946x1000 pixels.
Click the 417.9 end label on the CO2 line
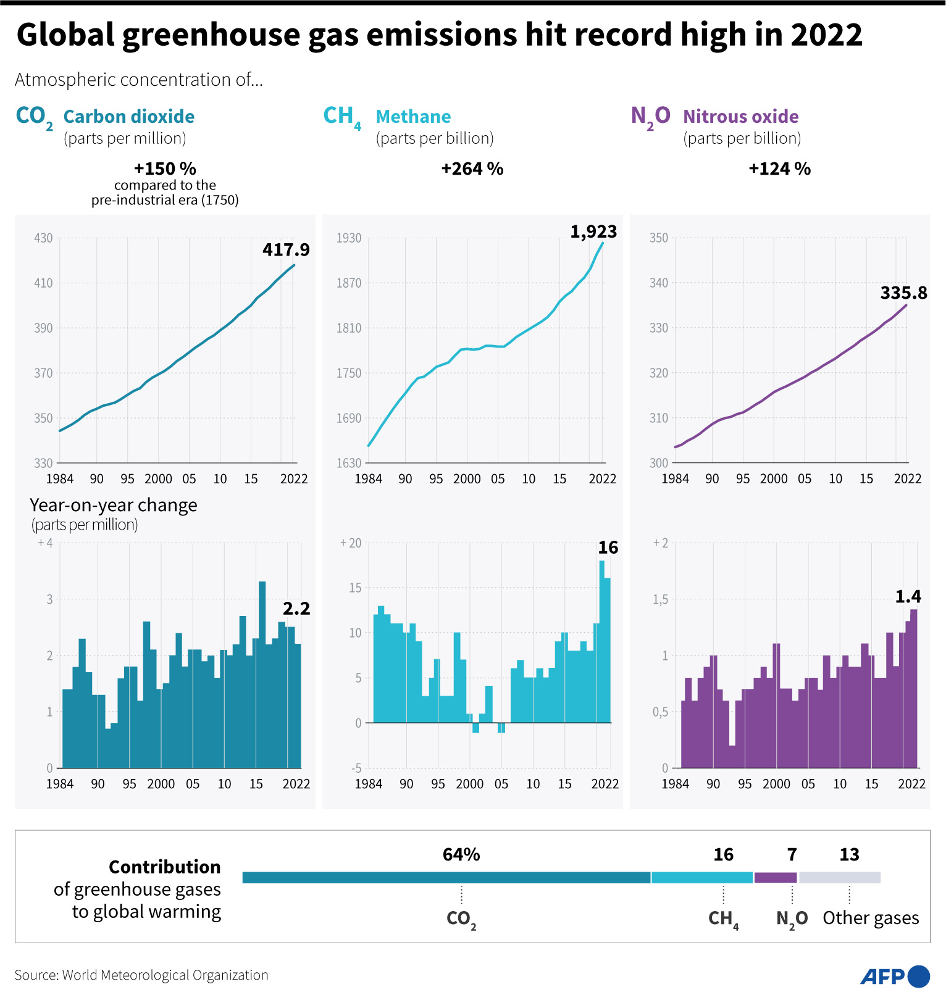point(286,249)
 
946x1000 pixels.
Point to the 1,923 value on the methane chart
point(593,231)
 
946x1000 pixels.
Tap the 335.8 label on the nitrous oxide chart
point(903,293)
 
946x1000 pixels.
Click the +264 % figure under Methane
point(472,169)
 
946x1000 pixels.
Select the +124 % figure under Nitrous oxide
point(779,169)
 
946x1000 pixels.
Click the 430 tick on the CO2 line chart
point(43,238)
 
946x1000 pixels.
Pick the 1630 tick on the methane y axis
point(348,463)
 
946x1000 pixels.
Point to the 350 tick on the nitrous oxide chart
point(659,238)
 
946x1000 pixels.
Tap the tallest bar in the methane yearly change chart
point(601,642)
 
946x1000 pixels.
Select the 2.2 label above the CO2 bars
point(296,609)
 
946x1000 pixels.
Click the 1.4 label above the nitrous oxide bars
point(908,596)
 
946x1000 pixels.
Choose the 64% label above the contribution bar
point(461,854)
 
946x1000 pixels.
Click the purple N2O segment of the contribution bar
point(776,877)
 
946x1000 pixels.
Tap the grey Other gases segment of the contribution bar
point(839,877)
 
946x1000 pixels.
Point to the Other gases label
point(871,918)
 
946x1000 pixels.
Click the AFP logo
point(895,976)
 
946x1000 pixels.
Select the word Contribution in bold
point(165,867)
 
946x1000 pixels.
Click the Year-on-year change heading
point(114,505)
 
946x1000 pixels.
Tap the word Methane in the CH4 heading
point(413,116)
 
